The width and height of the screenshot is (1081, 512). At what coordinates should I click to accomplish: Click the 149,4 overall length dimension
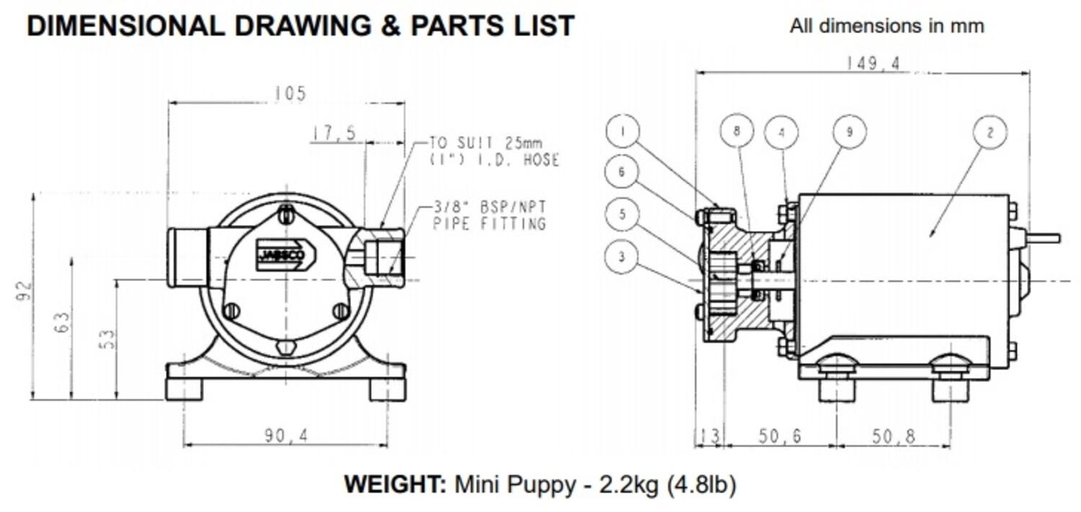coord(873,64)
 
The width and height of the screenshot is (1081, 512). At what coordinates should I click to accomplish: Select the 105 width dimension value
coord(290,94)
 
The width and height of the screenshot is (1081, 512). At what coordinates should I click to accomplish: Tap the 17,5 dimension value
coord(334,134)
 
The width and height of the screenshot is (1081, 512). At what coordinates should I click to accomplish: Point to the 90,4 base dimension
coord(285,436)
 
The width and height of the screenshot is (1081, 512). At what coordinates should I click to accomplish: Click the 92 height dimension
coord(25,290)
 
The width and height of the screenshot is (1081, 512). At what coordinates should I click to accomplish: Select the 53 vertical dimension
coord(107,339)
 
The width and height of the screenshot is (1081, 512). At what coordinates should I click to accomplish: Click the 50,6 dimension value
coord(779,436)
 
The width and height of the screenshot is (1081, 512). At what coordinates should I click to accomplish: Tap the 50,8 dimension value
coord(894,436)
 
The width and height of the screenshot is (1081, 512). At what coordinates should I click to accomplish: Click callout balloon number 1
coord(623,132)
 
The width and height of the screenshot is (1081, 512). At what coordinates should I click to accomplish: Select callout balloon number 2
coord(990,133)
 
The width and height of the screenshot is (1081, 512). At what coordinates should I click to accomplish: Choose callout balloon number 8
coord(737,131)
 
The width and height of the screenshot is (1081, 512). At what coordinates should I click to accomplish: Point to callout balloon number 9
coord(850,132)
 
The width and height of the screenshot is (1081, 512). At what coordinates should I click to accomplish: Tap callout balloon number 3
coord(622,256)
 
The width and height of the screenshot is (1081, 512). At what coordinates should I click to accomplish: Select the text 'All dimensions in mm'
coord(886,26)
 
